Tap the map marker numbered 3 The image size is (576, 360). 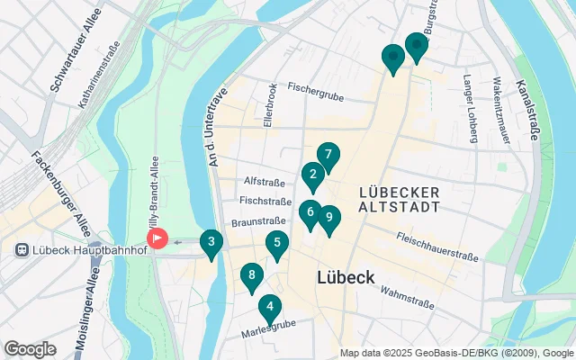pyautogui.click(x=211, y=242)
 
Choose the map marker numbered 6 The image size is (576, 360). pyautogui.click(x=310, y=213)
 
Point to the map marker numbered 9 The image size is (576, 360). pyautogui.click(x=330, y=218)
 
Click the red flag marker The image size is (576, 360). pyautogui.click(x=157, y=238)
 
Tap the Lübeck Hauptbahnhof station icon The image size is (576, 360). pyautogui.click(x=20, y=247)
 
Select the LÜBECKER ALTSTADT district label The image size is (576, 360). pyautogui.click(x=399, y=199)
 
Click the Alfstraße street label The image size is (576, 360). pyautogui.click(x=265, y=180)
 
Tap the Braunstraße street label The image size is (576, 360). pyautogui.click(x=259, y=221)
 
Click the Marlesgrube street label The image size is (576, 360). pyautogui.click(x=269, y=332)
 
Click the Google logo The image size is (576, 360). pyautogui.click(x=30, y=348)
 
